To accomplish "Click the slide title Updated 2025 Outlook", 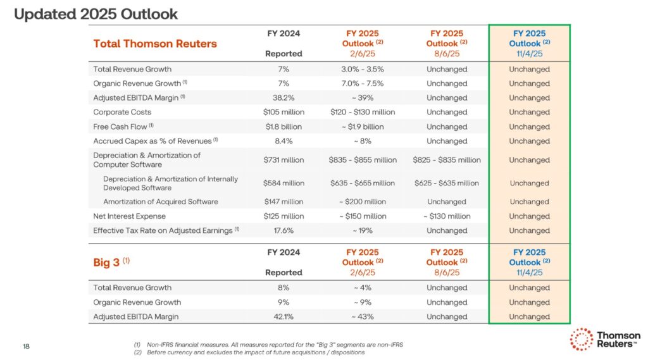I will tap(96, 14).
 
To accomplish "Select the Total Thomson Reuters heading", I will tap(154, 44).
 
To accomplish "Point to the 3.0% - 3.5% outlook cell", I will tap(362, 69).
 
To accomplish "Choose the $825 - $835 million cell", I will tap(446, 160).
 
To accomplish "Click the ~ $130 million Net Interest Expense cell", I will tap(446, 216).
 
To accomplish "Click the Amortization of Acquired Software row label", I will tap(160, 202).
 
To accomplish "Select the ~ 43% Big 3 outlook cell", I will tap(362, 317).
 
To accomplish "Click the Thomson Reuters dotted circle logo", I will tap(581, 339).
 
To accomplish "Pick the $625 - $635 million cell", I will tap(446, 183).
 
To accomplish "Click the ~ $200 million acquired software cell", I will tap(362, 202).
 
